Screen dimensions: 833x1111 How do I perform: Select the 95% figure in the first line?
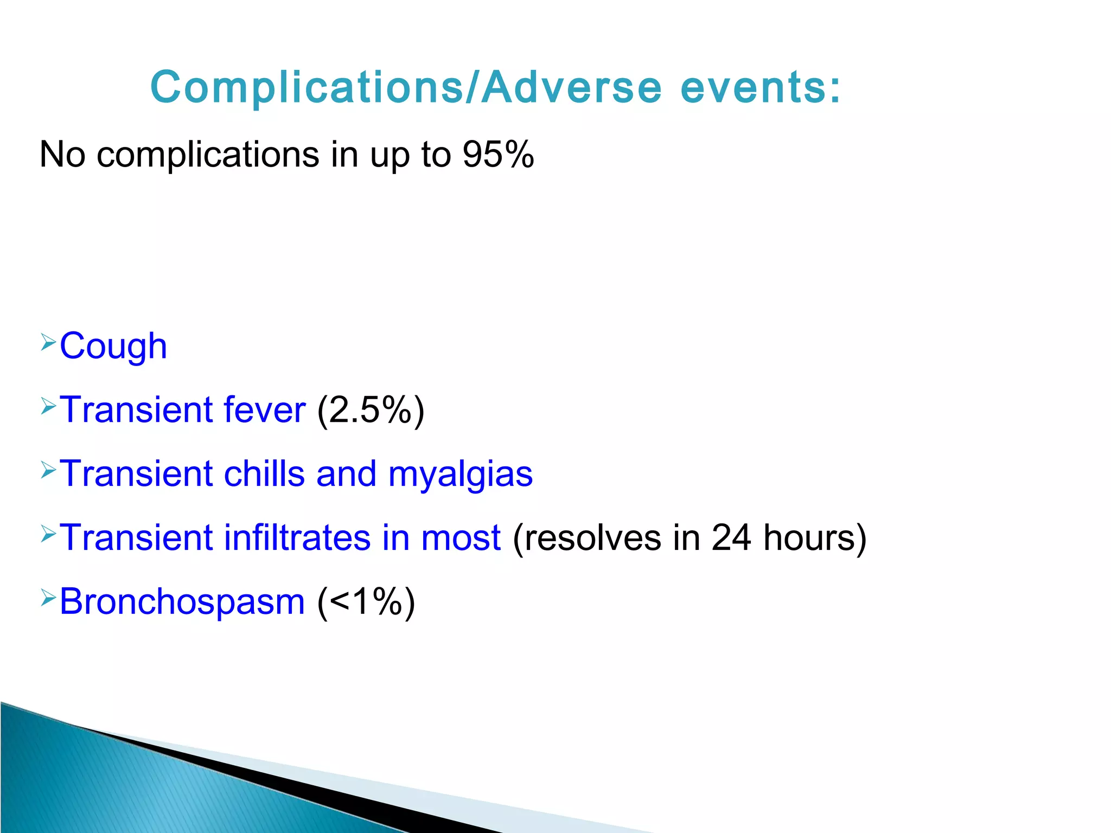click(x=498, y=155)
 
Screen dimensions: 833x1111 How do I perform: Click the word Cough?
click(x=113, y=346)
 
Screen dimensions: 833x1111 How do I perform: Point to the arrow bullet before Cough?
click(x=48, y=342)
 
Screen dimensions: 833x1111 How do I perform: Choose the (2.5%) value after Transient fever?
click(x=371, y=410)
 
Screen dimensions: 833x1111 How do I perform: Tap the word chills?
click(x=264, y=473)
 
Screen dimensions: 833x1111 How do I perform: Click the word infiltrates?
click(x=297, y=537)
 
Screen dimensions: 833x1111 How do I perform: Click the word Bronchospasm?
click(x=182, y=602)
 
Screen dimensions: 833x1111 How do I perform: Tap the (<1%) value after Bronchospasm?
click(x=366, y=602)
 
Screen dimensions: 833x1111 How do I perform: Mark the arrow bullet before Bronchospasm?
click(x=48, y=598)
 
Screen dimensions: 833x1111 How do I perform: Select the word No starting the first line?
click(x=62, y=155)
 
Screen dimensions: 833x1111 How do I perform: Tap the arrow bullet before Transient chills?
click(x=48, y=470)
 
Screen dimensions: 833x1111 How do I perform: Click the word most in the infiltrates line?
click(x=461, y=537)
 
